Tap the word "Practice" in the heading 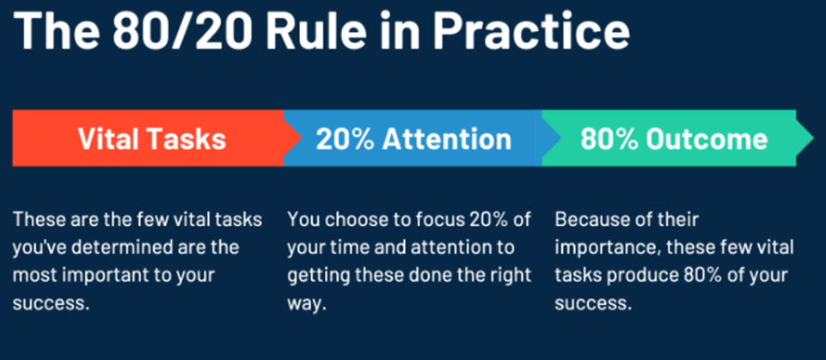531,31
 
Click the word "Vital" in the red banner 108,138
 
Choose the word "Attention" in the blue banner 447,138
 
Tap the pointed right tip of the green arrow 815,138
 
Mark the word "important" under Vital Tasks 94,276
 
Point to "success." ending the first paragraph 50,304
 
